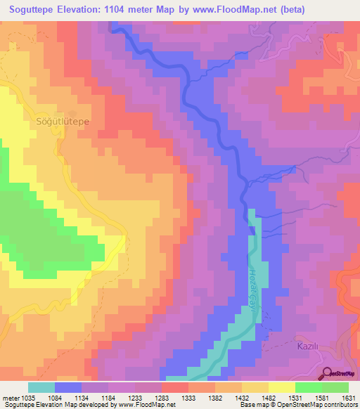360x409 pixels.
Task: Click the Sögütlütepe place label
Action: pyautogui.click(x=63, y=121)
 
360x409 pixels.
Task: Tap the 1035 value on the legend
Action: pyautogui.click(x=27, y=398)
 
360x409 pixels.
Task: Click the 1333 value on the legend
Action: pyautogui.click(x=188, y=398)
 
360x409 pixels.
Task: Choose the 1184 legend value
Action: pyautogui.click(x=108, y=398)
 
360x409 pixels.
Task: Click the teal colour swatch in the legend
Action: pyautogui.click(x=41, y=387)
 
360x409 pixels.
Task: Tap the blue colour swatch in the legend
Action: pyautogui.click(x=68, y=387)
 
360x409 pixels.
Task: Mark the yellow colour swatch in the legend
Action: pyautogui.click(x=281, y=387)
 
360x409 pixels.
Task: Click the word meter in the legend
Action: pyautogui.click(x=9, y=398)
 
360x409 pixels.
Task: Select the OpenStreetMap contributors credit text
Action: pyautogui.click(x=316, y=405)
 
